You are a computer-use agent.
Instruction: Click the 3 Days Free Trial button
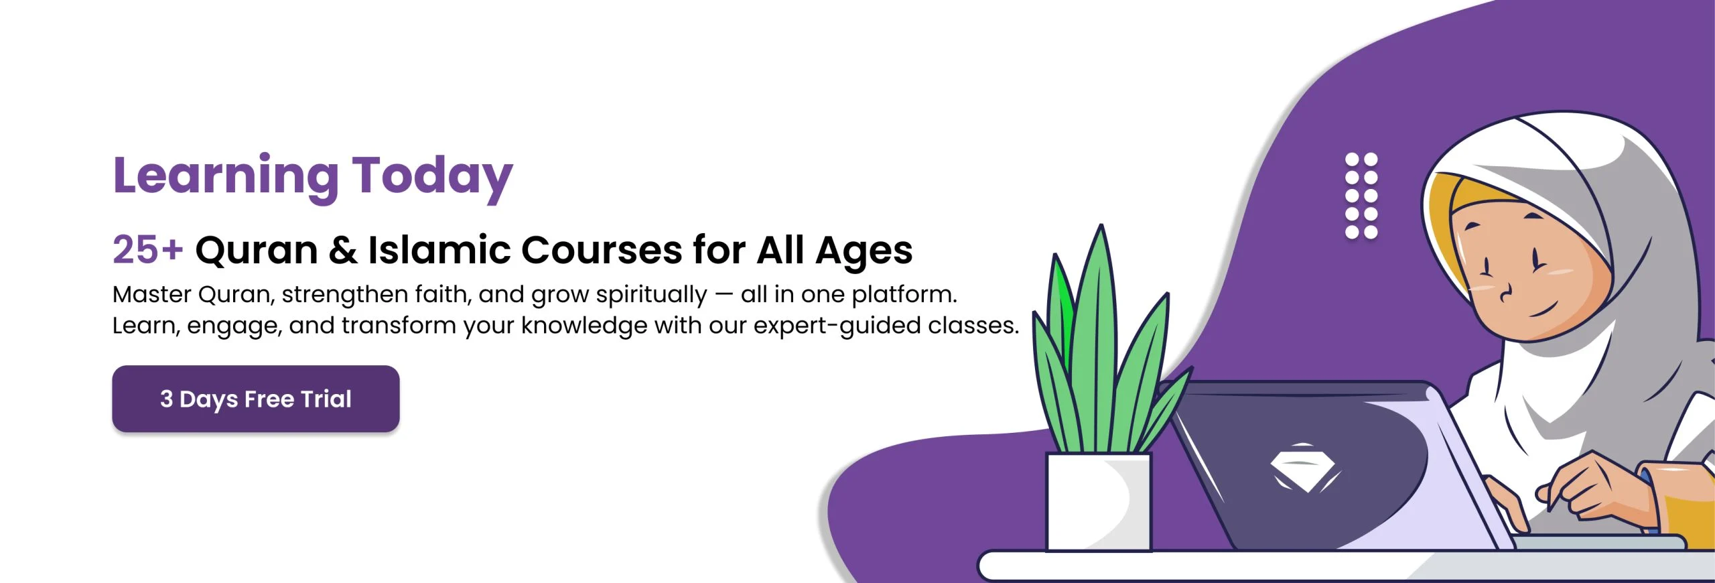click(x=256, y=399)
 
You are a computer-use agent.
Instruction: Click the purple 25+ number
click(x=147, y=249)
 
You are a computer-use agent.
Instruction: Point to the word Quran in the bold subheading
click(x=257, y=251)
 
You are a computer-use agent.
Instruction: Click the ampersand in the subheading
click(x=343, y=250)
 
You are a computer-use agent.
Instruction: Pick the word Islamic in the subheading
click(x=439, y=250)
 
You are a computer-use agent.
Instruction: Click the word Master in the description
click(x=152, y=294)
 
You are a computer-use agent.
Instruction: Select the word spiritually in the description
click(x=651, y=296)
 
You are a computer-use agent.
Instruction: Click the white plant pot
click(x=1099, y=501)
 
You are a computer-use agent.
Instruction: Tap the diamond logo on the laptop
click(x=1303, y=468)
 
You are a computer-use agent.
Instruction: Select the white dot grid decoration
click(x=1361, y=196)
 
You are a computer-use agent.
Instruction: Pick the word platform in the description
click(x=904, y=296)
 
